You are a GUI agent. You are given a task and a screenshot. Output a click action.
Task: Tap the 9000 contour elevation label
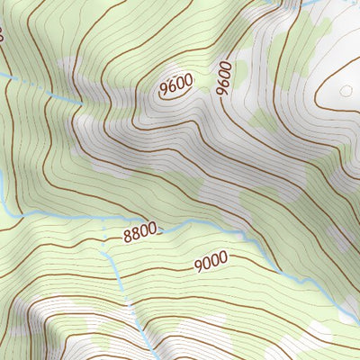coord(210,261)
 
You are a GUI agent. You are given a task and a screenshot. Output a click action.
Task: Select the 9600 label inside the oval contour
coord(176,85)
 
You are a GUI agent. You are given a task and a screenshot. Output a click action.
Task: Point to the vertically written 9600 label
coord(224,78)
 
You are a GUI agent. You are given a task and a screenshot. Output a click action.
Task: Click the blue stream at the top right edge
coord(310,4)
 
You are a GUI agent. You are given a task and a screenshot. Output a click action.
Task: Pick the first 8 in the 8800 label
coord(128,238)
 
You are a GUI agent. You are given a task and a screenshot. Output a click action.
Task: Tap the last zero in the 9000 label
coord(221,257)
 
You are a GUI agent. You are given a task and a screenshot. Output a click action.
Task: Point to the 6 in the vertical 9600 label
coord(224,82)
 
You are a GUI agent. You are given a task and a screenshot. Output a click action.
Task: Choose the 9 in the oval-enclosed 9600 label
coord(165,90)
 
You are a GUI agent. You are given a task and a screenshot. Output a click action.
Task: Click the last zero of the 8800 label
coord(154,230)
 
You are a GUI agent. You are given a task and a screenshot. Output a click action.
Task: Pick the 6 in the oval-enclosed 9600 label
coord(172,87)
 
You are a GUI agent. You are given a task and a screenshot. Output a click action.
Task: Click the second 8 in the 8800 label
coord(136,236)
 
